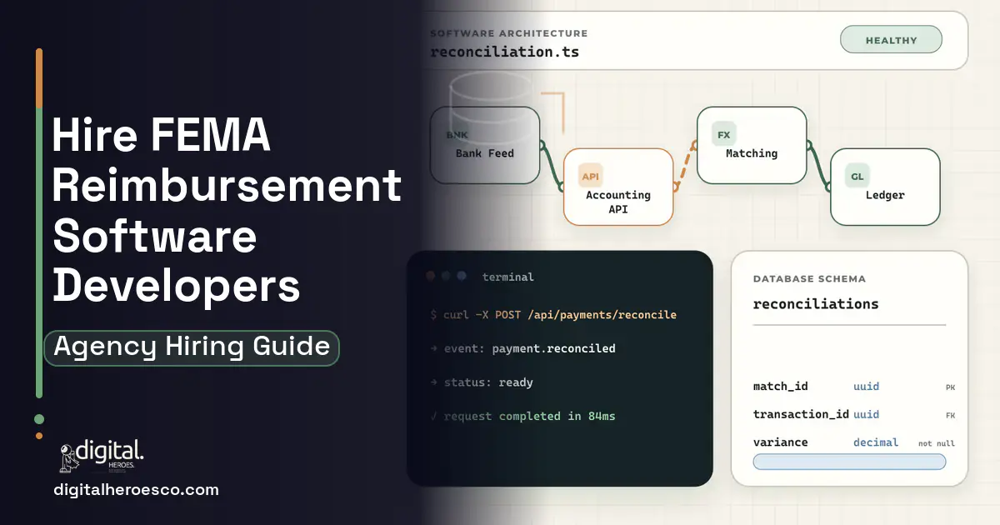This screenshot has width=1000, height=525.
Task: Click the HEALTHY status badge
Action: click(891, 40)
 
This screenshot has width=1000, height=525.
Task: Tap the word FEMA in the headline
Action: click(210, 134)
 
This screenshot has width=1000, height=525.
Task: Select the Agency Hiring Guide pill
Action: click(192, 347)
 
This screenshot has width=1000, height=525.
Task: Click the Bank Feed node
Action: click(485, 145)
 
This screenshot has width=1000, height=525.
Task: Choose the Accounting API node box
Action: click(618, 187)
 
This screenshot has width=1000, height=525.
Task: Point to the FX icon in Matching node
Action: click(723, 134)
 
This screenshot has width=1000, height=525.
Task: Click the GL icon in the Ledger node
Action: click(857, 177)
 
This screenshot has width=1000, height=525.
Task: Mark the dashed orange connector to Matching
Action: click(685, 166)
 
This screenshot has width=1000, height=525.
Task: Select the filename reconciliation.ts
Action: click(504, 52)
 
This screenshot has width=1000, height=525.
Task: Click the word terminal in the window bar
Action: click(508, 277)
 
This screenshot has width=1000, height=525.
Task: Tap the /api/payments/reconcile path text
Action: click(602, 315)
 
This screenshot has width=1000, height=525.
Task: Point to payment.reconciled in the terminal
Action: click(553, 348)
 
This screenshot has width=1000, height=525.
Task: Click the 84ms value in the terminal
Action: click(602, 416)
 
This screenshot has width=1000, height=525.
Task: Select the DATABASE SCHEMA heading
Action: click(809, 279)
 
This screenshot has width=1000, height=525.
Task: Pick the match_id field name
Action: click(780, 386)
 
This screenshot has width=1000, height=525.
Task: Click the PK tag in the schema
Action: click(951, 387)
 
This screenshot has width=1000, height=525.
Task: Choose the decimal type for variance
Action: click(876, 442)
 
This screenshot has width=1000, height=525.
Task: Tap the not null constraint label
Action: click(937, 443)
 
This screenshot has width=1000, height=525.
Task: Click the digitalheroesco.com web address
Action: click(136, 490)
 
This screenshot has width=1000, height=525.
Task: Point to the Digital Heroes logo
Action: click(102, 455)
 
